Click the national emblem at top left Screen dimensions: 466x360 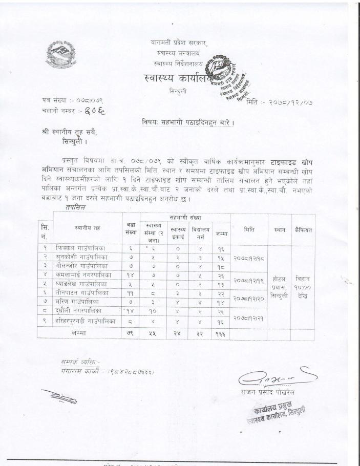point(61,55)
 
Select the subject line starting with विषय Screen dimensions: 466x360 point(188,122)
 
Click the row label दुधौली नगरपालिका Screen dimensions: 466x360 point(82,310)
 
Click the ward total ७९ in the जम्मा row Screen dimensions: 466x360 point(130,333)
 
